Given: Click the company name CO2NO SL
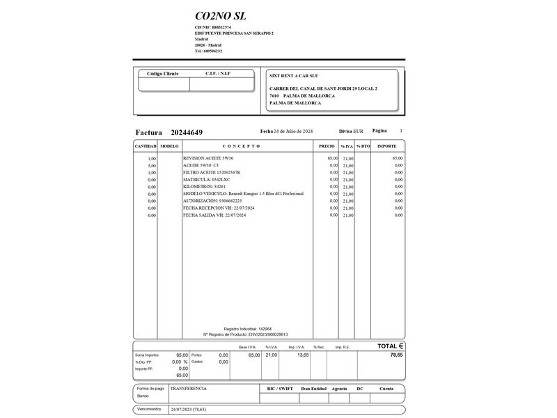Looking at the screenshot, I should click(220, 16).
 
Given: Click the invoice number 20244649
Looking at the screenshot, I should click(187, 132).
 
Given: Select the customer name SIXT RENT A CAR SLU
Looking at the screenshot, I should click(294, 75).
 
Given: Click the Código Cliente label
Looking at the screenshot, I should click(163, 73).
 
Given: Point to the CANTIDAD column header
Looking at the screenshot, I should click(145, 146).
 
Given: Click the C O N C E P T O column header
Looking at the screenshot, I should click(241, 146).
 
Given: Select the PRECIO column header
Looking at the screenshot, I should click(327, 146).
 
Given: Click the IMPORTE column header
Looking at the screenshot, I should click(386, 146).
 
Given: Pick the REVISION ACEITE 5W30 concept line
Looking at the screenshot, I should click(208, 158).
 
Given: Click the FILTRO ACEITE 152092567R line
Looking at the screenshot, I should click(212, 172).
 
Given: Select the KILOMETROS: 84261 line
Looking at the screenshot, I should click(205, 187).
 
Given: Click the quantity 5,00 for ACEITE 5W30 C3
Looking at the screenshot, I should click(152, 165).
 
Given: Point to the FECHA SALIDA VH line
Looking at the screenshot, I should click(219, 215).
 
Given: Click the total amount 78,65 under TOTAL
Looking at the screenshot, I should click(396, 355).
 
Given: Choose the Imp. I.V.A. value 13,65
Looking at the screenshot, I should click(303, 355).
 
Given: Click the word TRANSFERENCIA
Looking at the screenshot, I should click(189, 389).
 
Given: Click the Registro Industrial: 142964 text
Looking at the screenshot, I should click(247, 329).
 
